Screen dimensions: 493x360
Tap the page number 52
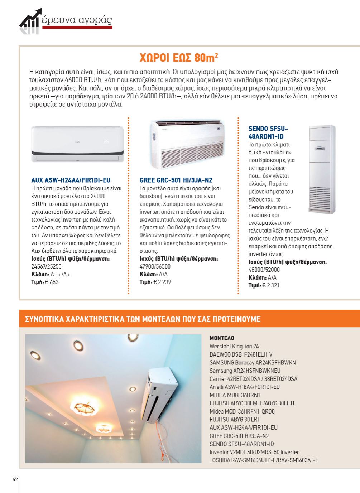(x=15, y=480)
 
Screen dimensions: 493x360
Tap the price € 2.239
(x=162, y=282)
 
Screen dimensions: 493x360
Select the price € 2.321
(x=271, y=285)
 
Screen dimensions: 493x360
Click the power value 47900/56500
(x=155, y=266)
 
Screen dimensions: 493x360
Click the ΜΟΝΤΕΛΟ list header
(x=222, y=338)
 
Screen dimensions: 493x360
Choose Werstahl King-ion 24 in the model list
(x=234, y=346)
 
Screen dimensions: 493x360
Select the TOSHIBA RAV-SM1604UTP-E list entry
(x=264, y=460)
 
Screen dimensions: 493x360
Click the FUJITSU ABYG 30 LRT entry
(x=235, y=419)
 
